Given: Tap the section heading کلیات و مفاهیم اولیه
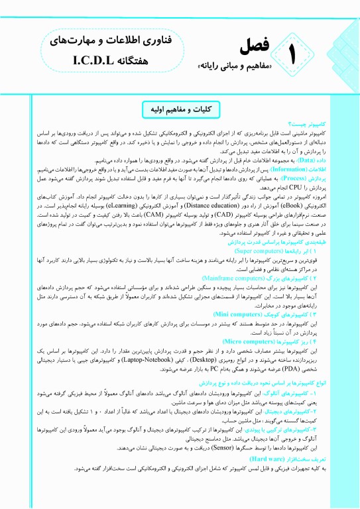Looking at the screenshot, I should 180,108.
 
